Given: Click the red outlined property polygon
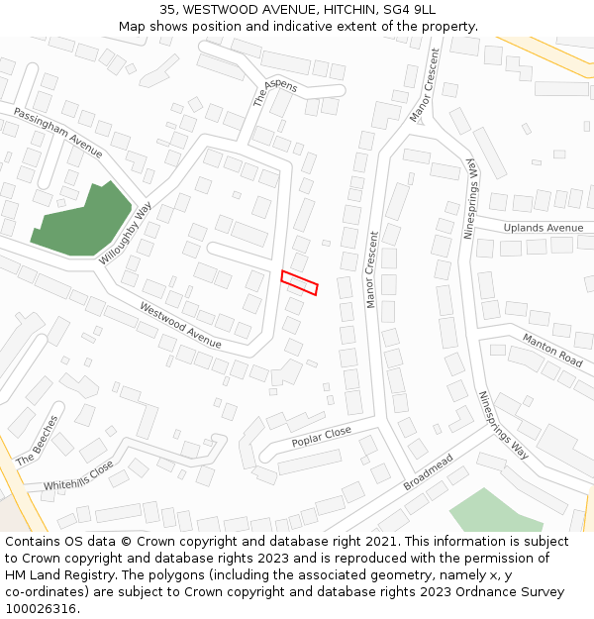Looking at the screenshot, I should click(x=299, y=282).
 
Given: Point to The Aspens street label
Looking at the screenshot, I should click(x=274, y=92).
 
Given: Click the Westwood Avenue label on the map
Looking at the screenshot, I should click(x=180, y=325).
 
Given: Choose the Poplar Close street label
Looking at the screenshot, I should click(x=321, y=437).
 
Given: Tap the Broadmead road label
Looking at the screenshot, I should click(x=428, y=472).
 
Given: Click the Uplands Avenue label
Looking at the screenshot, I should click(x=544, y=228).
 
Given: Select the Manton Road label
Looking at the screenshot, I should click(x=552, y=350).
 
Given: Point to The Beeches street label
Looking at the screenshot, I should click(x=37, y=441).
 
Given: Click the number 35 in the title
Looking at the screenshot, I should click(x=167, y=9).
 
